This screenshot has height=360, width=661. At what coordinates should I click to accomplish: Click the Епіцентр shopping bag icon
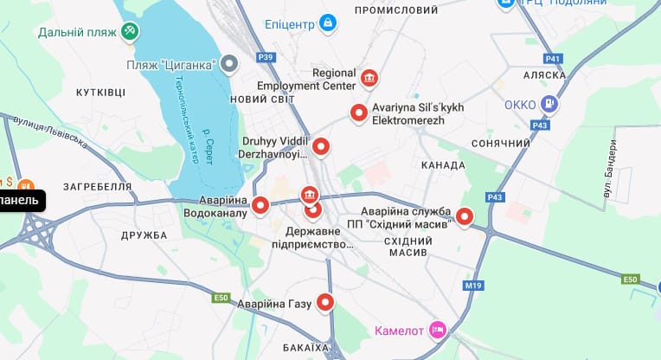tap(327, 22)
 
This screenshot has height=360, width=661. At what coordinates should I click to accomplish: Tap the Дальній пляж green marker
tap(129, 32)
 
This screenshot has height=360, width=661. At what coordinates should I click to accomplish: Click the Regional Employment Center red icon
tap(369, 79)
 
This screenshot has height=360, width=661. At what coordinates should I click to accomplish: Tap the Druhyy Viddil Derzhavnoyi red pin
tap(321, 147)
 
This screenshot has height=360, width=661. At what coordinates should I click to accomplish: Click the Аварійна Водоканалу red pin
tap(261, 206)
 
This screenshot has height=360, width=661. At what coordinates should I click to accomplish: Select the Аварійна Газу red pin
tap(325, 302)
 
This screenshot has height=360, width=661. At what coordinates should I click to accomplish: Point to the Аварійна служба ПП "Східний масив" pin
tap(465, 217)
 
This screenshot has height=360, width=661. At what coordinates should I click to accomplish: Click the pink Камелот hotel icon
tap(439, 330)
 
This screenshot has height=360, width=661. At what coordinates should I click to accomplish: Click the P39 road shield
tap(266, 58)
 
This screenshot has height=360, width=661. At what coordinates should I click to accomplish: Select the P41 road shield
tap(553, 59)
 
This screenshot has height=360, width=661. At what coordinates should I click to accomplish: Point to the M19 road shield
tap(473, 286)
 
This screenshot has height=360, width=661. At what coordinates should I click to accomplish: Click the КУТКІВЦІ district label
tap(100, 92)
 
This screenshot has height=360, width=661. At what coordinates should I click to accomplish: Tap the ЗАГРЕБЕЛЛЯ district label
tap(97, 186)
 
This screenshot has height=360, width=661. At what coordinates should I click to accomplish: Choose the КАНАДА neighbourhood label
tap(443, 165)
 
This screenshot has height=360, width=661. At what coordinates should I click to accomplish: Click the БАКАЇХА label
tap(306, 348)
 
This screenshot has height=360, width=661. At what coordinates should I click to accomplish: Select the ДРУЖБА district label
tap(144, 235)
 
